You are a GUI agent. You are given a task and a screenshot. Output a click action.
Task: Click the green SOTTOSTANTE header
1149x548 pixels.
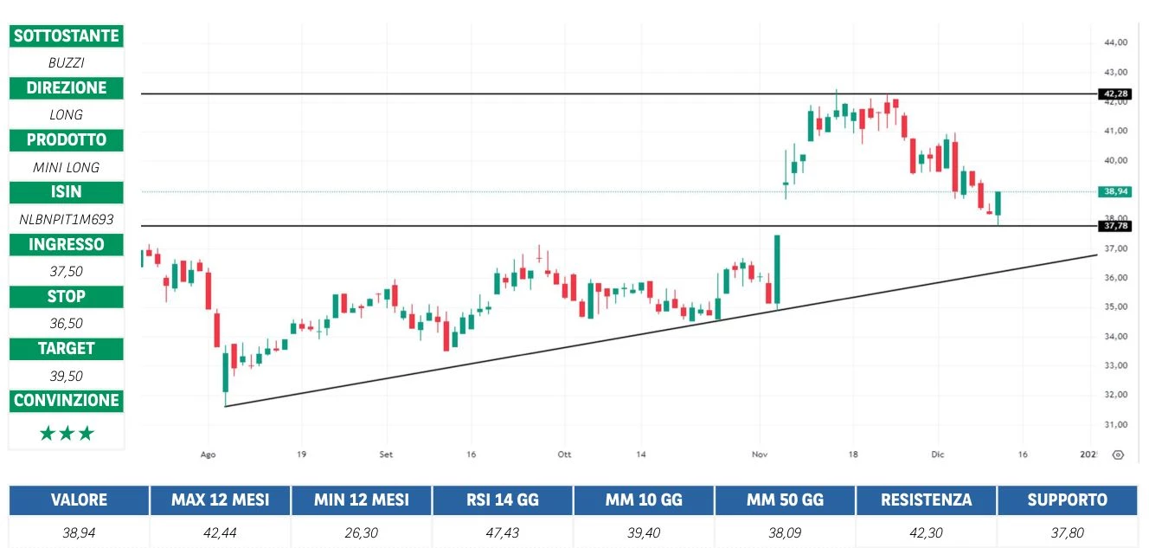(66, 35)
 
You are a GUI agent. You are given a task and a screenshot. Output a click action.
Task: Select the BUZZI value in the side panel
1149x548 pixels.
(66, 62)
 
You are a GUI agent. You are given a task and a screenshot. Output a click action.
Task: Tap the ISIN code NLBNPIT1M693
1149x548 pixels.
(66, 219)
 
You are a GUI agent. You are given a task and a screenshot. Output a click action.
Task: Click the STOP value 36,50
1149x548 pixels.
(66, 323)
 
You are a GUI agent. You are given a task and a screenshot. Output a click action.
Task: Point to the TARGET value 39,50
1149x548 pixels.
(66, 376)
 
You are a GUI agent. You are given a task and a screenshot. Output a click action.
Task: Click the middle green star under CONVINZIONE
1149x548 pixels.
(66, 434)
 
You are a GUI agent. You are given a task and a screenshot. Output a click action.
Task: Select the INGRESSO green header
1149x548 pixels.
(66, 244)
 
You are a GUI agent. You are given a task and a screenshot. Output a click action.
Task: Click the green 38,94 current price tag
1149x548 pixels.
(1113, 191)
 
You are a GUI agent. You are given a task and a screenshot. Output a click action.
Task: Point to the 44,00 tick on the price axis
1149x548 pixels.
(1115, 42)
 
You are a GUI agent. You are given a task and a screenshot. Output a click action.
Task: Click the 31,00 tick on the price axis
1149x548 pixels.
(1115, 424)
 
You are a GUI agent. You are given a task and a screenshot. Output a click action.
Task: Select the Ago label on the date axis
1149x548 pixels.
(208, 454)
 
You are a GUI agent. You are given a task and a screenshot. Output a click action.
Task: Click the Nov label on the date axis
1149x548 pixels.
(760, 454)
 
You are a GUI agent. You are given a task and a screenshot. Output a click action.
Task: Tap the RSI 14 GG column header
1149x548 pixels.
(502, 500)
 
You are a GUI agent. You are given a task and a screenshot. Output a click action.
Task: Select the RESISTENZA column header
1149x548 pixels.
(926, 500)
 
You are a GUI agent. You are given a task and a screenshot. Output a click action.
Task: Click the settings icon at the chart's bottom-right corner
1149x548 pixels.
(1118, 455)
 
